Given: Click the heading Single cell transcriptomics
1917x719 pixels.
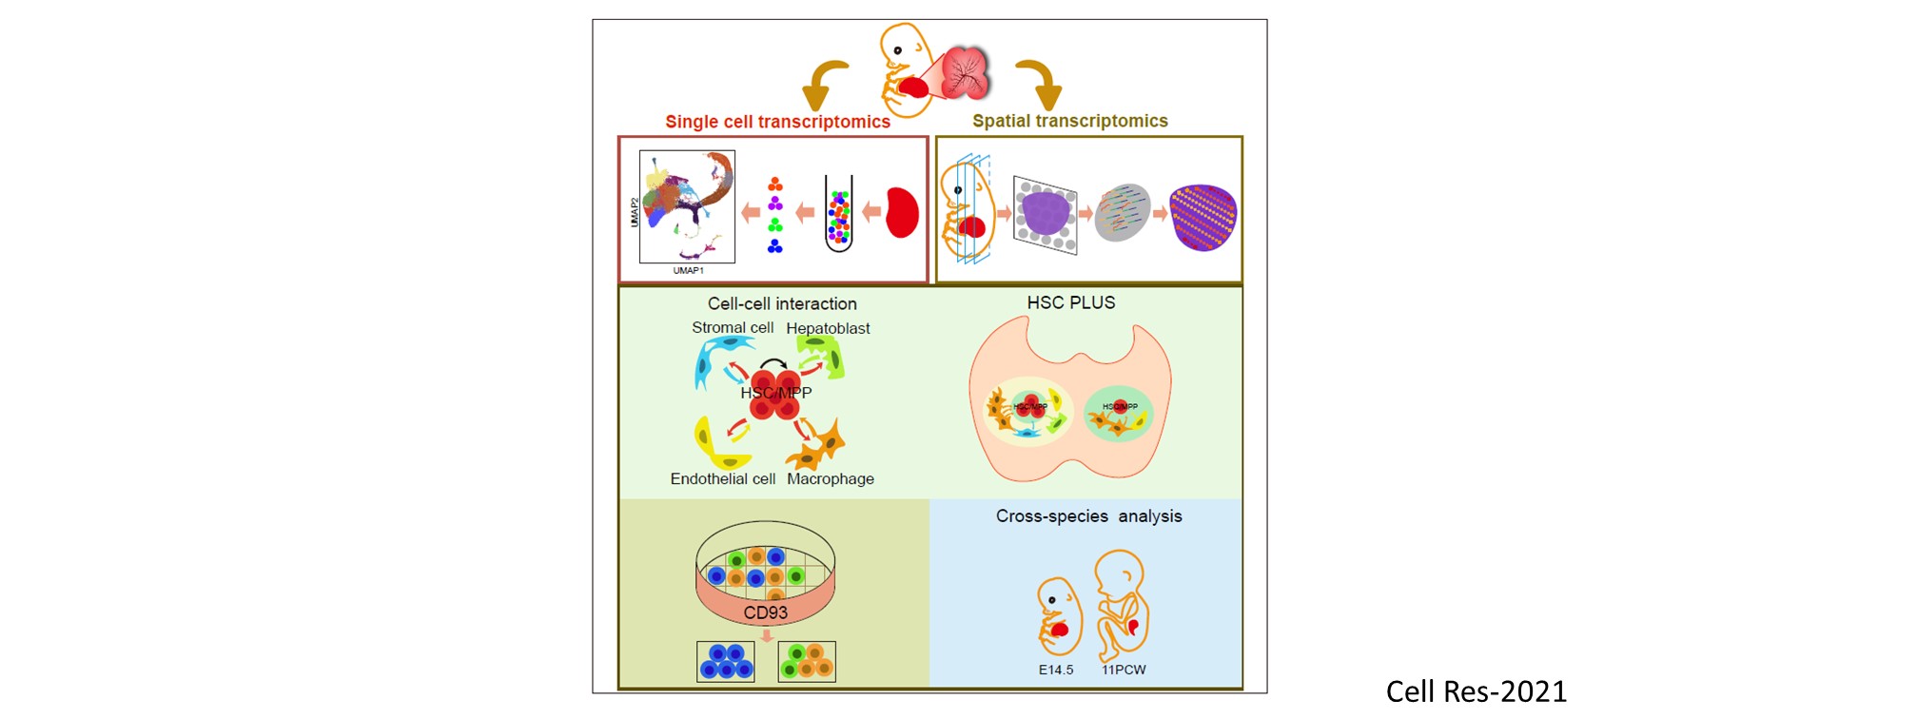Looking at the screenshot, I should [x=777, y=122].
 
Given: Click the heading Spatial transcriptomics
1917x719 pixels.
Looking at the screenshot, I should [x=1069, y=121].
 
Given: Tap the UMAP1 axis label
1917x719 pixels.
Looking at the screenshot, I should [x=688, y=271].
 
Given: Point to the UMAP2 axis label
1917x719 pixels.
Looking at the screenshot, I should [x=635, y=211].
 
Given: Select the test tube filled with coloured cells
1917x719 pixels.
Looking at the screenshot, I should [x=838, y=214].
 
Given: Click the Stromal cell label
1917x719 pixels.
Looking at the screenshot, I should [x=732, y=328].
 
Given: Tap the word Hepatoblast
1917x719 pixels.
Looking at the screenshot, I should [x=828, y=328].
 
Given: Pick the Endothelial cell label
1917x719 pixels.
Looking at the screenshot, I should [x=722, y=479].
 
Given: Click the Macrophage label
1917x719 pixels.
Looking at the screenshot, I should [x=830, y=479].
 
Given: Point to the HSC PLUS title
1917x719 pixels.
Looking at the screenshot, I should [x=1070, y=303].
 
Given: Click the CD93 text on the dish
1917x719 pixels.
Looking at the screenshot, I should [x=765, y=613].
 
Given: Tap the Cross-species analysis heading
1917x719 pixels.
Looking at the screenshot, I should [x=1088, y=516].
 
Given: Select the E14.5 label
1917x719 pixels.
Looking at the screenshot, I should [x=1055, y=670].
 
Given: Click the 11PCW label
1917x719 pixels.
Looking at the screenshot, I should [x=1124, y=670].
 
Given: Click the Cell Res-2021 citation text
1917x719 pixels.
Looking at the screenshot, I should [x=1476, y=691].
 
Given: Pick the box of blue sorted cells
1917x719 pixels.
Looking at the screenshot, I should [x=726, y=662].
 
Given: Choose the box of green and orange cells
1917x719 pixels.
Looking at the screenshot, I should [x=807, y=662].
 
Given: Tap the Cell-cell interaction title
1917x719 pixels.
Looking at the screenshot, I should [x=782, y=304].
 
